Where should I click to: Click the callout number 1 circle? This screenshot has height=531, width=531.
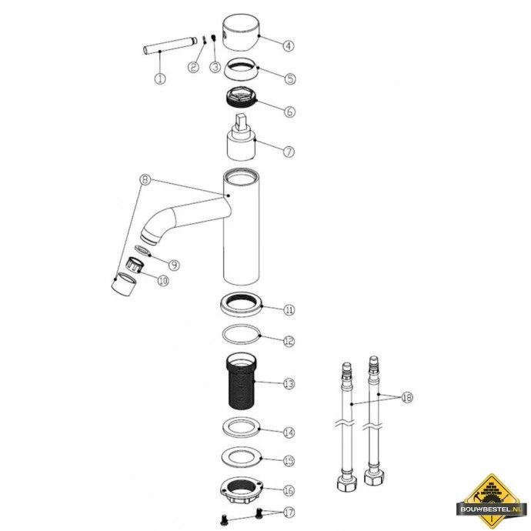160,78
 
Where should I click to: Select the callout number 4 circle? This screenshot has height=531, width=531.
288,45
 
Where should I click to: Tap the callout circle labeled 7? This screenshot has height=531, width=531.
289,152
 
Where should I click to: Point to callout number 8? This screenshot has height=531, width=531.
145,179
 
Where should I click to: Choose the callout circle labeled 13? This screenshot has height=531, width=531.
289,384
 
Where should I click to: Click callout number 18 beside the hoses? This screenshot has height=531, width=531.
407,397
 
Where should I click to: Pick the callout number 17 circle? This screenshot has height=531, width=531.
289,513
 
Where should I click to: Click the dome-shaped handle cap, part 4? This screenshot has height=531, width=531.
241,32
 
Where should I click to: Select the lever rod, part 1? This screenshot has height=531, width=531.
170,45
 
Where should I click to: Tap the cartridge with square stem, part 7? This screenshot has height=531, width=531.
241,138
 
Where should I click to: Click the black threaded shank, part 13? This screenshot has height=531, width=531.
241,382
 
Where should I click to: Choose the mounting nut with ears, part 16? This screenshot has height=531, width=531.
241,491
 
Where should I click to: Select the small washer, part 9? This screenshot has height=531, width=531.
142,251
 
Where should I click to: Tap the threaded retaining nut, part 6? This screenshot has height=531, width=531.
241,98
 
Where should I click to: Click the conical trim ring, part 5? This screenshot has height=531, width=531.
241,69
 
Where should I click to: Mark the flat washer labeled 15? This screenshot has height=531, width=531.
241,457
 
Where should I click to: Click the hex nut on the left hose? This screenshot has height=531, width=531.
347,483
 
